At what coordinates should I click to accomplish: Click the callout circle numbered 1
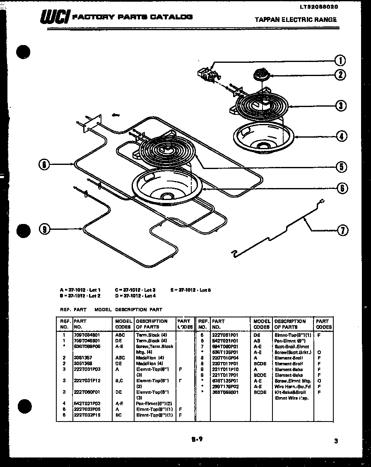point(340,61)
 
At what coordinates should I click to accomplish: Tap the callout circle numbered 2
point(340,75)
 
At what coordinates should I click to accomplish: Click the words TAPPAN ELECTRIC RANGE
point(295,19)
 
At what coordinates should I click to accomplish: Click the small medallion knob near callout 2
point(260,74)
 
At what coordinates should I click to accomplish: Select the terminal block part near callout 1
point(208,74)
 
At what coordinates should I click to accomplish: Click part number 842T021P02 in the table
point(87,403)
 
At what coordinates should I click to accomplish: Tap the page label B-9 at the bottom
point(197,439)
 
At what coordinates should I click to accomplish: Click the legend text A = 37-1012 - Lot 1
point(80,290)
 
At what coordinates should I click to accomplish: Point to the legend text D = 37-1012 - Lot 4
point(136,296)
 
